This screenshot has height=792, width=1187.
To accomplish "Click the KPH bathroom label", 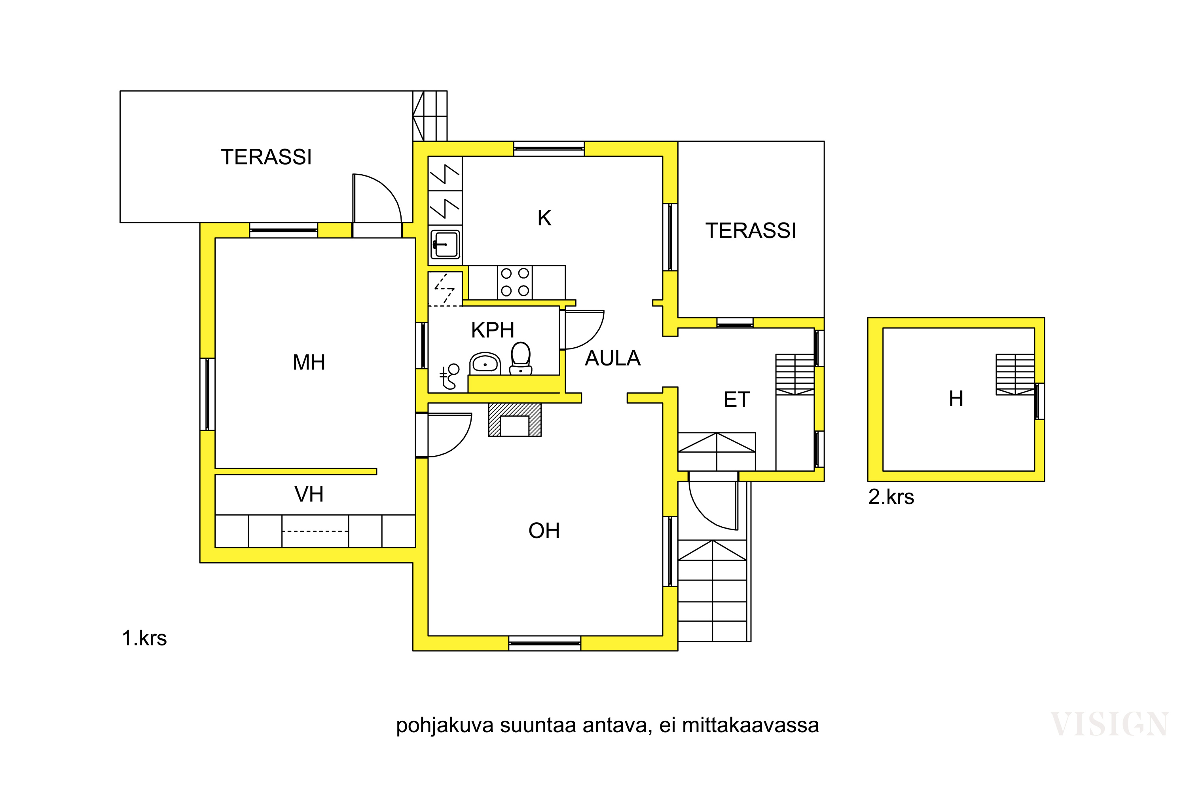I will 492,330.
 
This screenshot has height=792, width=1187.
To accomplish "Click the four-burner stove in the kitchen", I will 515,282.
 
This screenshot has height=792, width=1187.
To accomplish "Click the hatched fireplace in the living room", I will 514,419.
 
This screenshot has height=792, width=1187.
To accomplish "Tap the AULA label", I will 612,358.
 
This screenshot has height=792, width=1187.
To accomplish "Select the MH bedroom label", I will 309,362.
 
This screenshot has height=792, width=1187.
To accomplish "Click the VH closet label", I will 309,494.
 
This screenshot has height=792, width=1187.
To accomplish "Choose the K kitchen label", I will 544,218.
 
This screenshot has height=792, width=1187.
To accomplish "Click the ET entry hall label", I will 736,400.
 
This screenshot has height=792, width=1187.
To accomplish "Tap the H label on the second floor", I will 956,398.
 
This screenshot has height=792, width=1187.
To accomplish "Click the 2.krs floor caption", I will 891,497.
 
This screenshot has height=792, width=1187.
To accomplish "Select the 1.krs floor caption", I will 144,638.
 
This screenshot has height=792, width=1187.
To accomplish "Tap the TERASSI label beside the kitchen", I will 751,231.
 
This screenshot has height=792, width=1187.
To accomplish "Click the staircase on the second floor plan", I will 1014,374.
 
